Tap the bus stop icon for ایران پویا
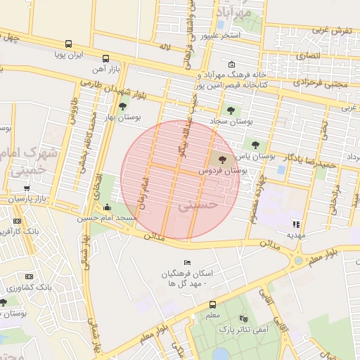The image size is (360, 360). [68, 44]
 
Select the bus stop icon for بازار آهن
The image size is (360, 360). [105, 58]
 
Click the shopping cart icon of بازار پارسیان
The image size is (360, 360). [27, 188]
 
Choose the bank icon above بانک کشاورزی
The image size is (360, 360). [29, 276]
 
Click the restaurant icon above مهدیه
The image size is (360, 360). [296, 224]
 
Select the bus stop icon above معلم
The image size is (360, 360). [212, 304]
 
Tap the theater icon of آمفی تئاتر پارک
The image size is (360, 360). [243, 318]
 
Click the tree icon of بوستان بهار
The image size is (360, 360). [123, 106]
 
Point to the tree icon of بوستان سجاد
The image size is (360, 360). [231, 110]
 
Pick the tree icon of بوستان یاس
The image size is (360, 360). [255, 144]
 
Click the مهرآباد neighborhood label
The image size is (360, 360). [235, 13]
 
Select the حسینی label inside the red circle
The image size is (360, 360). [193, 207]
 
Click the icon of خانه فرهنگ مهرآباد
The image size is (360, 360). [231, 65]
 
